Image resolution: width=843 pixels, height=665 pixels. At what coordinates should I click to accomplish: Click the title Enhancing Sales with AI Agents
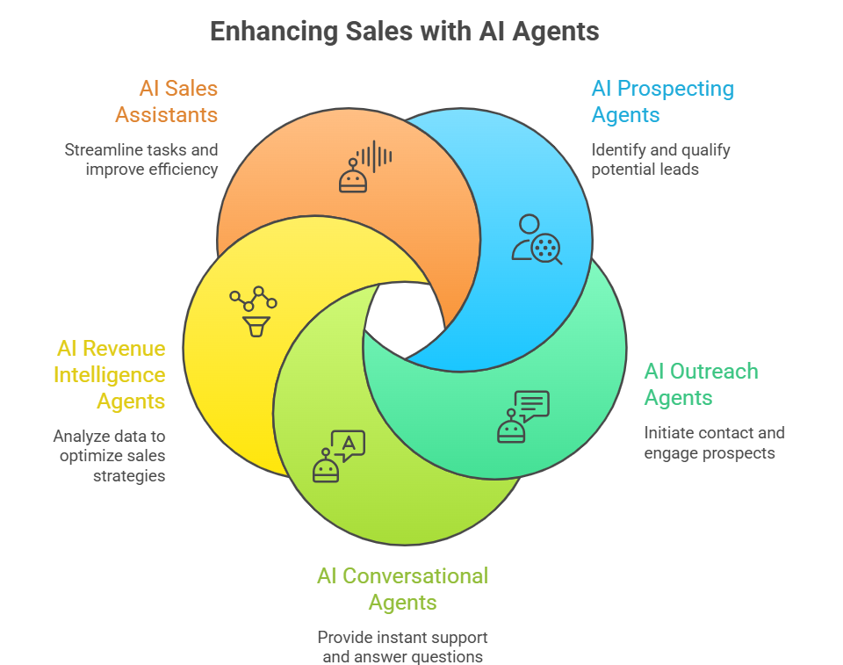(x=404, y=32)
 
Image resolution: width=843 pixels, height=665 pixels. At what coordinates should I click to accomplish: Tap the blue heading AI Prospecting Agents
(x=662, y=101)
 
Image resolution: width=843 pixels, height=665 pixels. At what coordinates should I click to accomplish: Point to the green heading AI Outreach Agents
(x=701, y=384)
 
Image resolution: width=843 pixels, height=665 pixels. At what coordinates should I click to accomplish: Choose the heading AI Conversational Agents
(x=402, y=589)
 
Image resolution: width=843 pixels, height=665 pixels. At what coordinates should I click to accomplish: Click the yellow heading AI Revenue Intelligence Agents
(x=110, y=374)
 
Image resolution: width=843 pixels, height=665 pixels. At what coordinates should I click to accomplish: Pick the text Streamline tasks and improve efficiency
(x=140, y=159)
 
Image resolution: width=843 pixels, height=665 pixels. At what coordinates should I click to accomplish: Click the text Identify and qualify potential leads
(x=660, y=159)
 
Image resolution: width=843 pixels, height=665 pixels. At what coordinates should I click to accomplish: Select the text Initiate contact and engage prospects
(x=714, y=443)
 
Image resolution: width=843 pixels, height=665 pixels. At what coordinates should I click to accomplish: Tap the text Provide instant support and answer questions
(x=402, y=647)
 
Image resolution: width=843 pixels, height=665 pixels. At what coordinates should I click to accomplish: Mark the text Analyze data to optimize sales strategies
(x=110, y=455)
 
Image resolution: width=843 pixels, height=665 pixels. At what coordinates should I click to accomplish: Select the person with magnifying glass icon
(x=537, y=238)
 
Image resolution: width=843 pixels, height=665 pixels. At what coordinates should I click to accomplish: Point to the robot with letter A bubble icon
(x=338, y=456)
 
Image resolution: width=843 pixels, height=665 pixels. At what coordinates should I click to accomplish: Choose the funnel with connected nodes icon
(x=253, y=310)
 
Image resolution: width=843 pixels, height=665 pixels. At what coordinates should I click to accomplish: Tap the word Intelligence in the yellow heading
(x=110, y=375)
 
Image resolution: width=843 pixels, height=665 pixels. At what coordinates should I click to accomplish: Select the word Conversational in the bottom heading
(x=414, y=576)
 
